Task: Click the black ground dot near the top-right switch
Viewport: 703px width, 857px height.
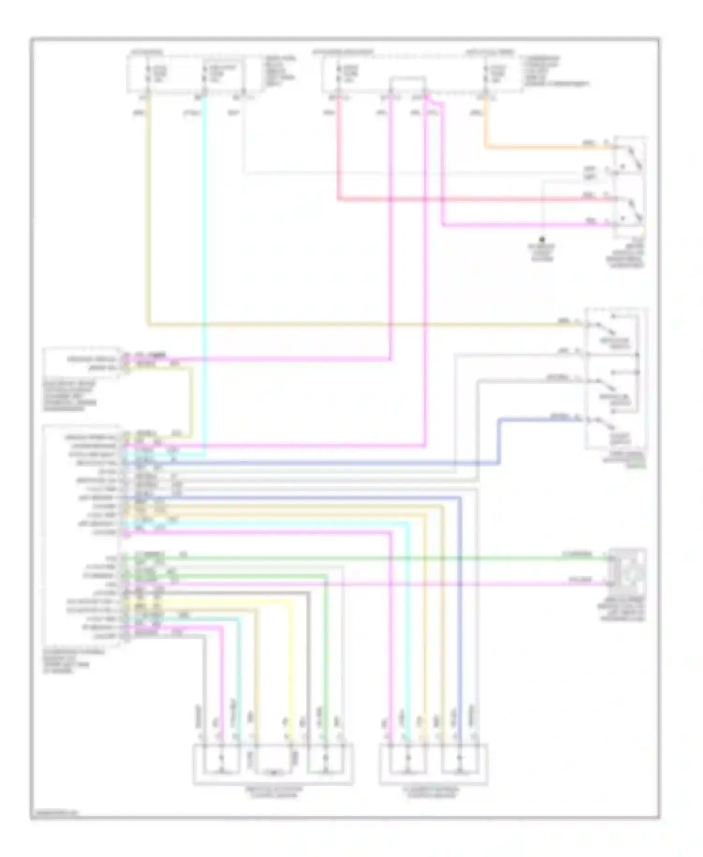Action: [542, 239]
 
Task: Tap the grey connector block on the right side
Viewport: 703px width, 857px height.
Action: [627, 570]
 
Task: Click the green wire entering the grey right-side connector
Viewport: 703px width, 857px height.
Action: [469, 558]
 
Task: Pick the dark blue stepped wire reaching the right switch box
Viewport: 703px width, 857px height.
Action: [499, 441]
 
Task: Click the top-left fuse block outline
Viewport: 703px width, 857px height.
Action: [192, 74]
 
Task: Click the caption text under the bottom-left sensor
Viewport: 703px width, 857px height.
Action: [274, 792]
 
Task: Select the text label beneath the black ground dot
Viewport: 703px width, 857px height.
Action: [542, 253]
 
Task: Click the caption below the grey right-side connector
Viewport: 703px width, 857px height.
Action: [627, 609]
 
